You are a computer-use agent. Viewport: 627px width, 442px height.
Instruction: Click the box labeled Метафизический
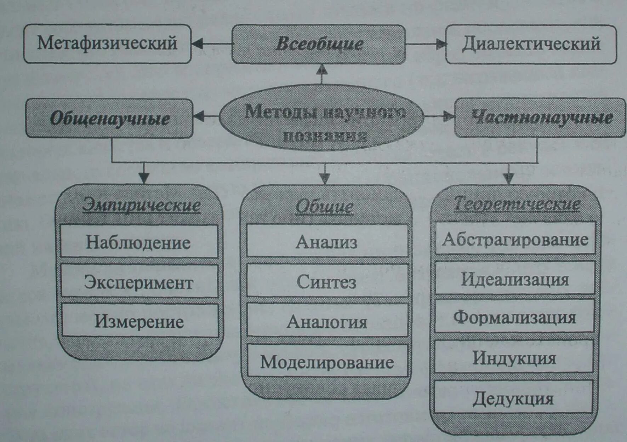tap(107, 44)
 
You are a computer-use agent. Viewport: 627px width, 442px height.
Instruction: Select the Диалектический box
tap(530, 44)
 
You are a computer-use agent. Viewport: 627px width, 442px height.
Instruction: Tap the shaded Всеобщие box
tap(319, 44)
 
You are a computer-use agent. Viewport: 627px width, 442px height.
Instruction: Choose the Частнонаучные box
tap(540, 118)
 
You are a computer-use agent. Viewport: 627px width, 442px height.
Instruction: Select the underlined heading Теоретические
tap(517, 204)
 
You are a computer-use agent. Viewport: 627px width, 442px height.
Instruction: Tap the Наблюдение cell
tap(139, 242)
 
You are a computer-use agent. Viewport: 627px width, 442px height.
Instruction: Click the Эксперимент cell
tap(139, 282)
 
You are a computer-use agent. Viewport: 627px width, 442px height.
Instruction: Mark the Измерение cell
tap(139, 321)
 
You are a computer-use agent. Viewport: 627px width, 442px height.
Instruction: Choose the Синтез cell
tap(326, 281)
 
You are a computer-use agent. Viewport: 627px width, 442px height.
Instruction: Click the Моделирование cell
tap(327, 362)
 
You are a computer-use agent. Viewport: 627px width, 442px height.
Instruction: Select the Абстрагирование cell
tap(515, 239)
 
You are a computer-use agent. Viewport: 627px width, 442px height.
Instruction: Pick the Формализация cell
tap(514, 317)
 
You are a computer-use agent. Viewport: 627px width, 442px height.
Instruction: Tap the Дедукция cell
tap(513, 398)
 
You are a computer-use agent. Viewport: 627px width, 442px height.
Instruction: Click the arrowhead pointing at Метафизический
tap(197, 44)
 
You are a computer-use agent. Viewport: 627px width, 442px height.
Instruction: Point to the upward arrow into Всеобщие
tap(321, 69)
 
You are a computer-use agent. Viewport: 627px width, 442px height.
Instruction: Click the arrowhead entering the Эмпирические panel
tap(143, 178)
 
